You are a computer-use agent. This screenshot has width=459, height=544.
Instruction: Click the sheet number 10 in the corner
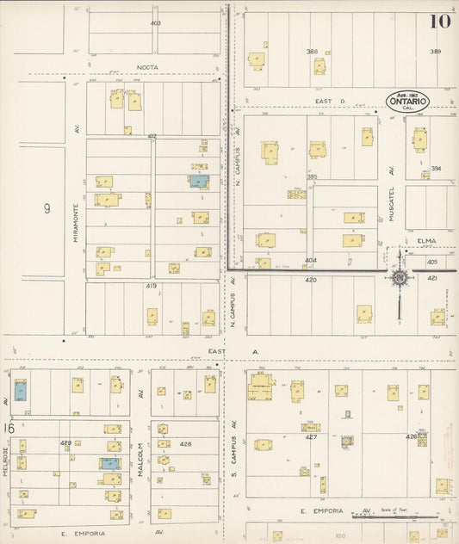pyautogui.click(x=439, y=18)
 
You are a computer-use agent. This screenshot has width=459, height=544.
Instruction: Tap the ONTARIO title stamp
pyautogui.click(x=409, y=101)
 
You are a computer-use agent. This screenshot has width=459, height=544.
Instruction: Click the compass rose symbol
pyautogui.click(x=400, y=277)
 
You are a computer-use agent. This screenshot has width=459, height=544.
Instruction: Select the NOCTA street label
pyautogui.click(x=146, y=67)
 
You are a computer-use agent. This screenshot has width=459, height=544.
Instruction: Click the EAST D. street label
pyautogui.click(x=330, y=101)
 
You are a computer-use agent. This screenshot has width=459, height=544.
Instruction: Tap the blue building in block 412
pyautogui.click(x=199, y=182)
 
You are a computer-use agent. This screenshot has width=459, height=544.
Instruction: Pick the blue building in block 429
pyautogui.click(x=109, y=463)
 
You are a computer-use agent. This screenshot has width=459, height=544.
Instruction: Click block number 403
pyautogui.click(x=155, y=23)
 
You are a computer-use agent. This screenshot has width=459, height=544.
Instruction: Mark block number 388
pyautogui.click(x=313, y=52)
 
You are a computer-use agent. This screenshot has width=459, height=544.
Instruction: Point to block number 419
pyautogui.click(x=152, y=285)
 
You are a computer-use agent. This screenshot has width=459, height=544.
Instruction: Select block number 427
pyautogui.click(x=311, y=436)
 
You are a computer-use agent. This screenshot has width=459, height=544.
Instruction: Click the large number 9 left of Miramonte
pyautogui.click(x=47, y=207)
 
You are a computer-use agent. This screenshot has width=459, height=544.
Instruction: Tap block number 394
pyautogui.click(x=437, y=169)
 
